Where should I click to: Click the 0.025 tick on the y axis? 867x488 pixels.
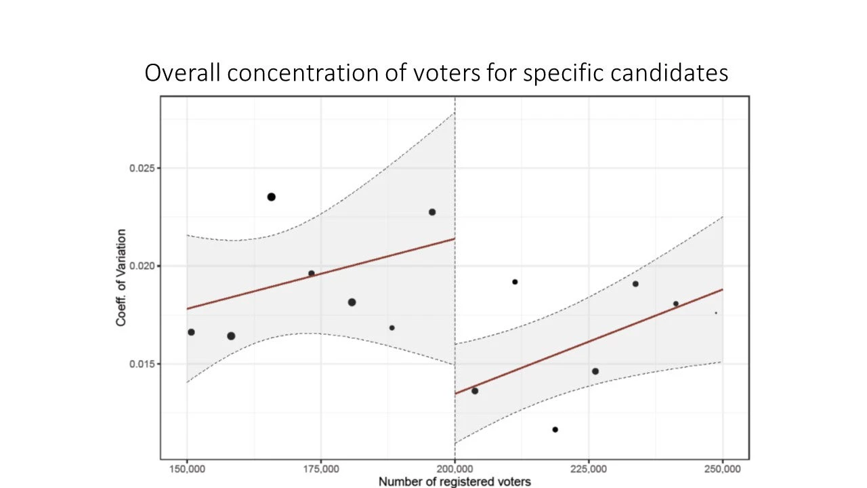point(142,168)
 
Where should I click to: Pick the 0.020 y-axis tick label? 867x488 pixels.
point(142,266)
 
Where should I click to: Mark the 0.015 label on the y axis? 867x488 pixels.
point(142,364)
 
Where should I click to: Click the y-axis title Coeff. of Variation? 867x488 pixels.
point(121,278)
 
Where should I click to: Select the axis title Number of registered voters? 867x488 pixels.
point(454,482)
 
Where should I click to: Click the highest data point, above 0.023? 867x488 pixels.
point(271,197)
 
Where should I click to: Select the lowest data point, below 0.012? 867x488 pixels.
point(555,429)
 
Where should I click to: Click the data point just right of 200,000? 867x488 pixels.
point(475,390)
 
